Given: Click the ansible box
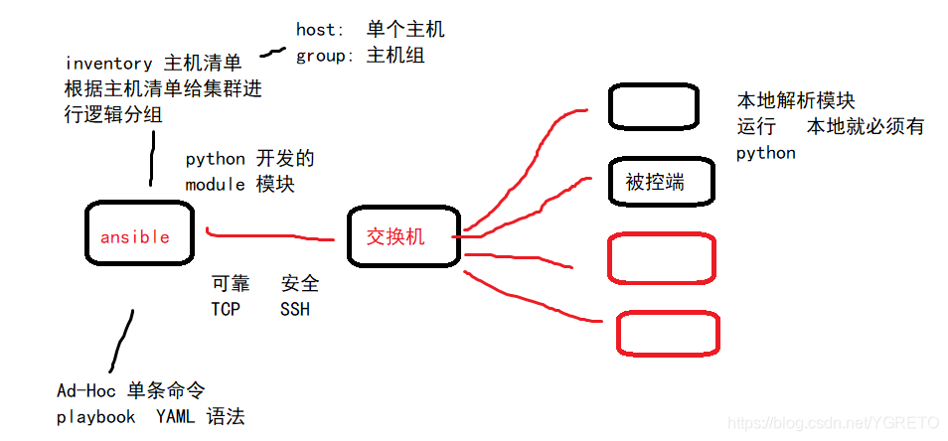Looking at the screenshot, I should [x=139, y=234].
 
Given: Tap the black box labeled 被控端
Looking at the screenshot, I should [x=661, y=181].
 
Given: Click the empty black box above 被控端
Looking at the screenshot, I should [x=652, y=106].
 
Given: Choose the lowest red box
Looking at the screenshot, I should [x=668, y=333].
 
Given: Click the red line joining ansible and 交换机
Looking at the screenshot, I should [x=268, y=235].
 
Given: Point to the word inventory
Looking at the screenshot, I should [x=108, y=64].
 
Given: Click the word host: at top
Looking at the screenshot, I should [x=318, y=31].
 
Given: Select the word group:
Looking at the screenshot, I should [x=324, y=56].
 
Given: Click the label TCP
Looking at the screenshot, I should [x=226, y=309].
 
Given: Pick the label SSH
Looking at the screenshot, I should [x=295, y=309].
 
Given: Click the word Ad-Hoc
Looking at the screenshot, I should [x=86, y=390].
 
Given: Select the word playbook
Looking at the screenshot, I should [x=96, y=417].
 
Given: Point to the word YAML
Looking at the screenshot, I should [x=175, y=417].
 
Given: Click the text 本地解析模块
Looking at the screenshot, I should [x=795, y=101].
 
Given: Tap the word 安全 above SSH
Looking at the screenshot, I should [x=300, y=284].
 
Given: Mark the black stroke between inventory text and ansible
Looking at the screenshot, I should [x=152, y=159].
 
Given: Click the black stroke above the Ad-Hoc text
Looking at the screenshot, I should [x=120, y=341].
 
